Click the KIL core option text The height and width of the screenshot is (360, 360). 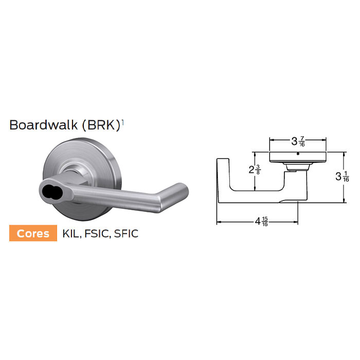point(70,233)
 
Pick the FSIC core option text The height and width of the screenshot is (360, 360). point(98,233)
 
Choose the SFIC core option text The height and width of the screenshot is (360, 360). point(127,233)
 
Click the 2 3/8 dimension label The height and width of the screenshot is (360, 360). point(254,170)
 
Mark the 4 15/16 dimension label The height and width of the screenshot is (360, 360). point(261,223)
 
